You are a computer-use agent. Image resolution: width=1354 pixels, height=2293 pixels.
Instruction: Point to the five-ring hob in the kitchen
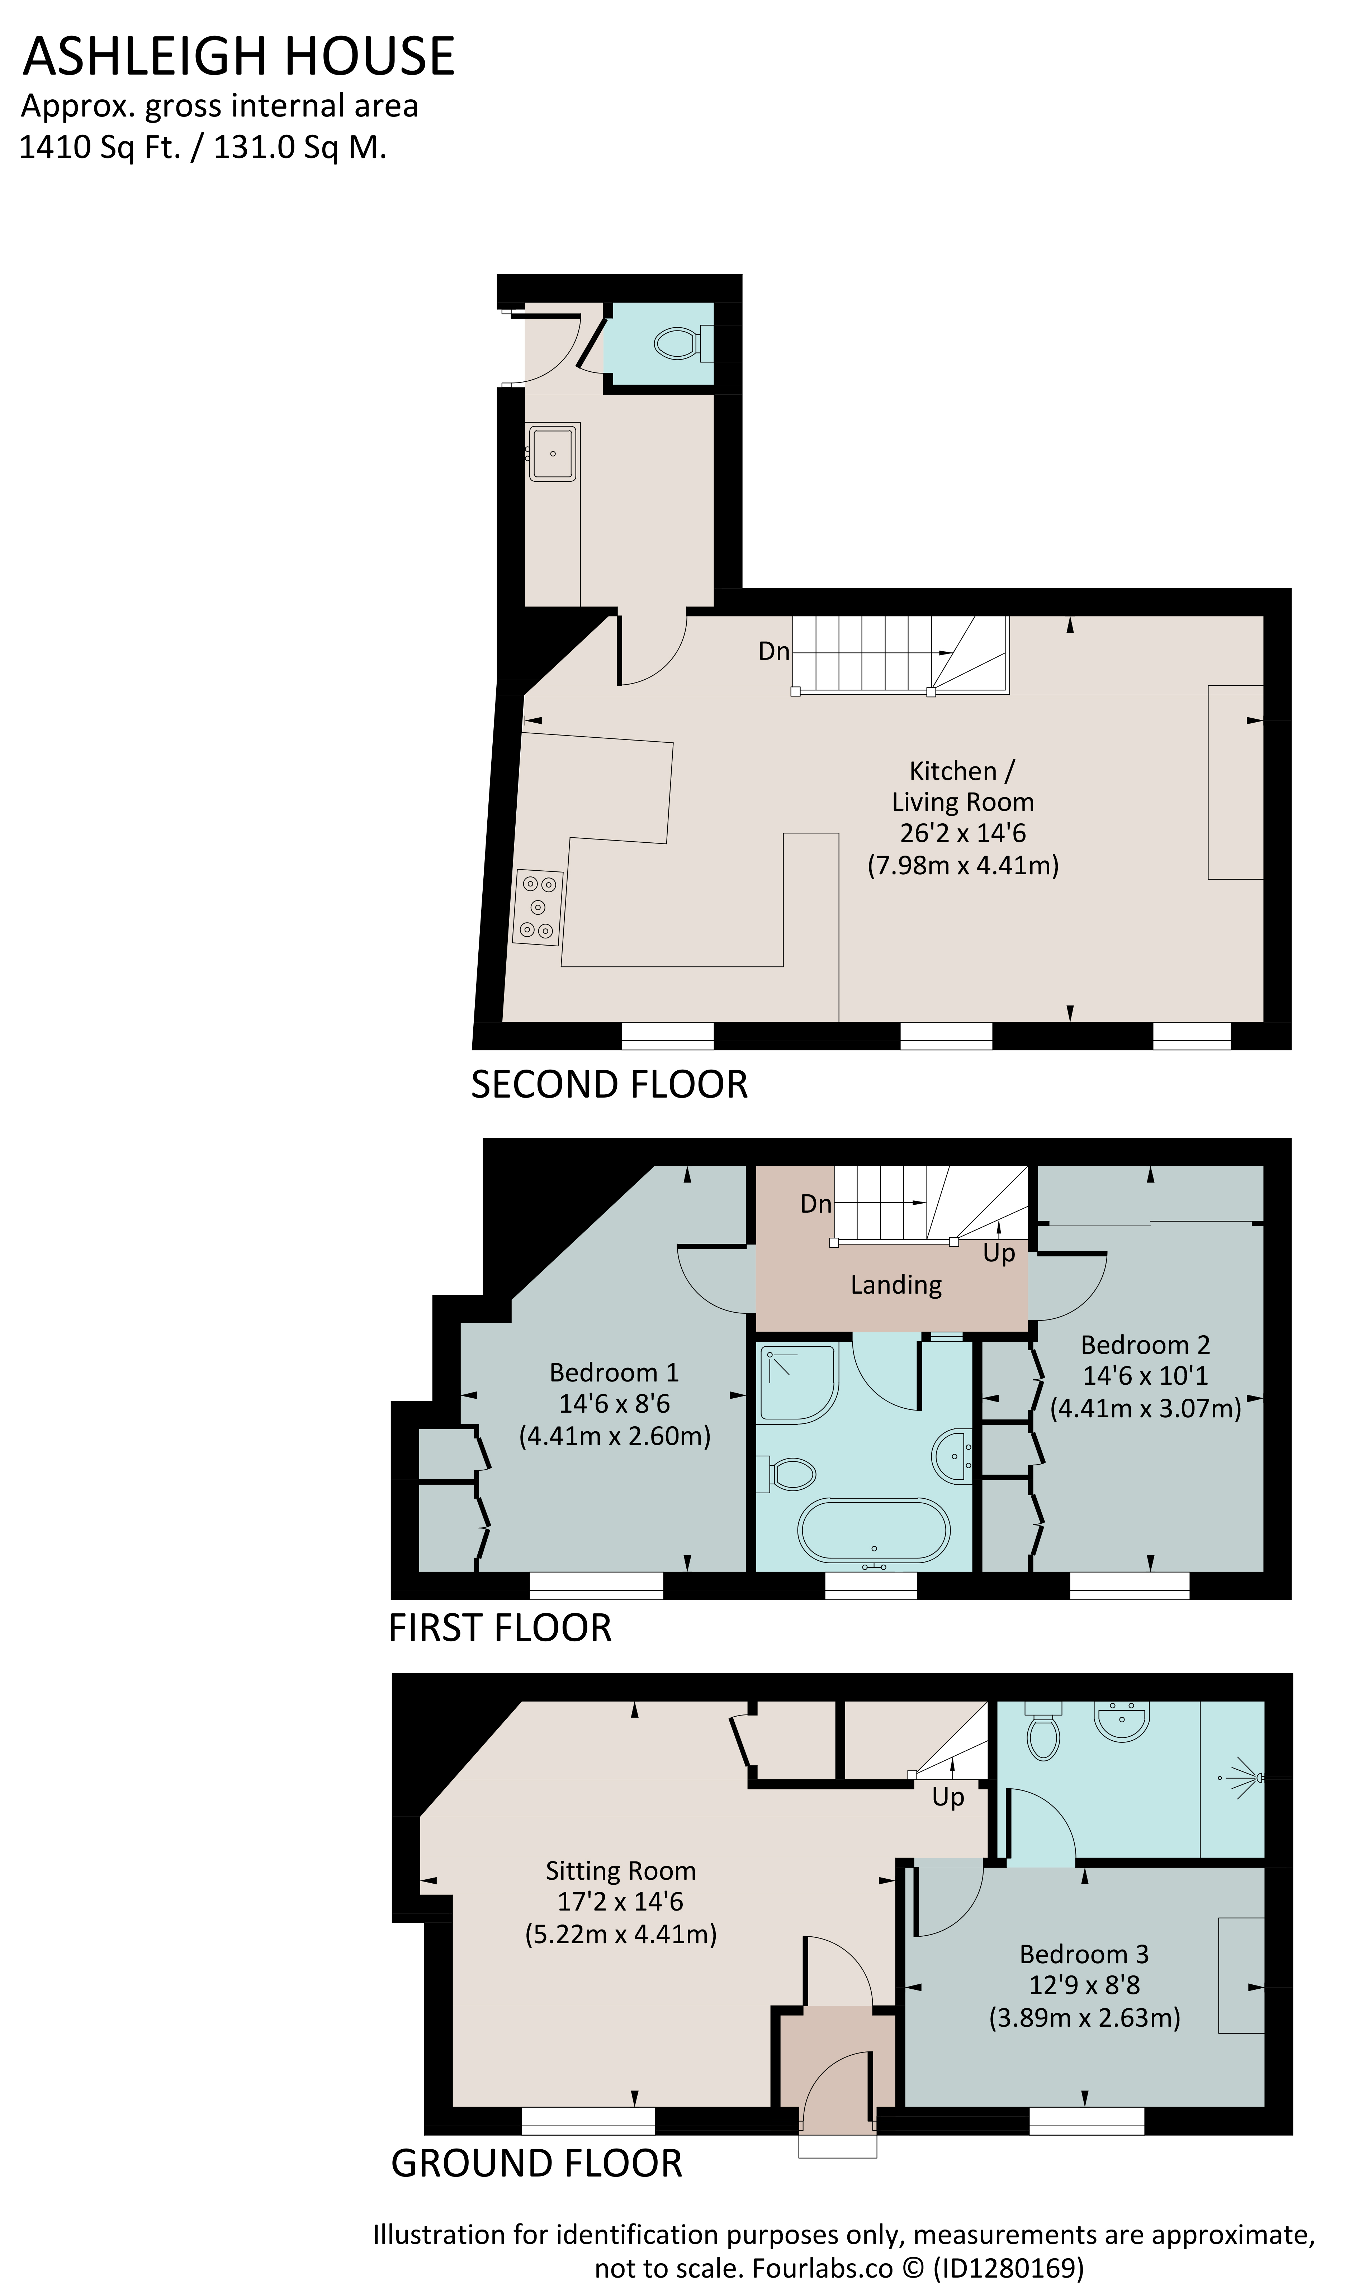pyautogui.click(x=538, y=908)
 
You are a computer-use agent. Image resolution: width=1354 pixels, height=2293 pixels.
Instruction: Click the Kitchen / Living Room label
pyautogui.click(x=962, y=786)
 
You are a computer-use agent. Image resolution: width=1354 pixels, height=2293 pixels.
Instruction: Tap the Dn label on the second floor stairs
pyautogui.click(x=774, y=651)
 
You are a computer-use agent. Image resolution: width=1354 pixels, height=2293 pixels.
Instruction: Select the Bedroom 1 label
pyautogui.click(x=614, y=1372)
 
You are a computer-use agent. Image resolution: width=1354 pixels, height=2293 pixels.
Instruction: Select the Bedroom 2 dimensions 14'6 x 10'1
pyautogui.click(x=1145, y=1375)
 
